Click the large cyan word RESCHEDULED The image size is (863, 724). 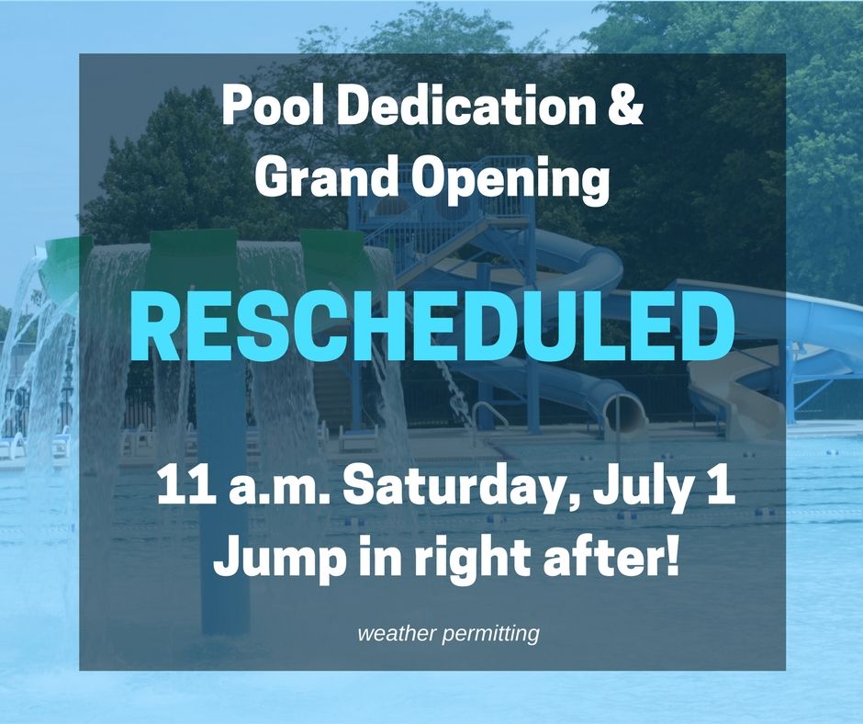click(432, 326)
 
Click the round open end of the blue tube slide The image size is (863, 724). click(625, 413)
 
